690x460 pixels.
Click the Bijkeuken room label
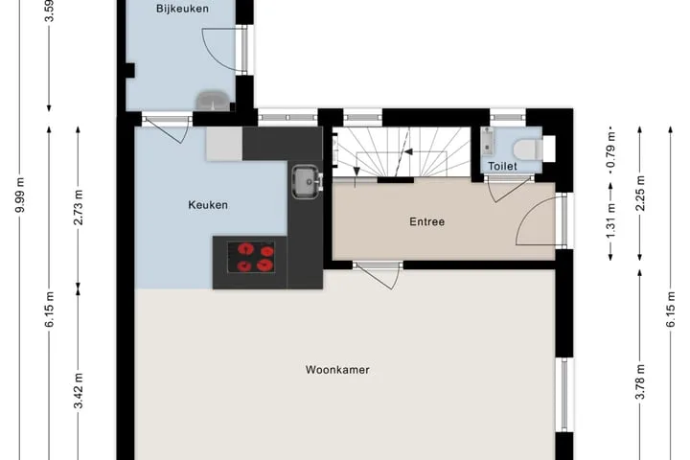pos(182,9)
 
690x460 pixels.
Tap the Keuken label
pos(208,205)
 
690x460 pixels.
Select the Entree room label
pos(426,221)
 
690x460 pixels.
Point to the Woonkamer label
pos(337,369)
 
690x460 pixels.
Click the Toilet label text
pos(502,166)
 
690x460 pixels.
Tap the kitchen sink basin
pos(305,181)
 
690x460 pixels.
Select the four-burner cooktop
pos(251,257)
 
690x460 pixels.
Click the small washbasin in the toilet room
pos(487,141)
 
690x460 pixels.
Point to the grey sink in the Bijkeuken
pos(213,101)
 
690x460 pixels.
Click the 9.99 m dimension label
pos(20,195)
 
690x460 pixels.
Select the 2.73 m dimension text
pos(79,207)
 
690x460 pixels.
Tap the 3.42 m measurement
pos(79,390)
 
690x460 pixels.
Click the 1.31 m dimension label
pos(610,222)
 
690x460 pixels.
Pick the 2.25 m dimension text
pos(640,194)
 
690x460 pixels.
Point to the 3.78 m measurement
pos(640,381)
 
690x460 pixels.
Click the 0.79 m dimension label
pos(610,151)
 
